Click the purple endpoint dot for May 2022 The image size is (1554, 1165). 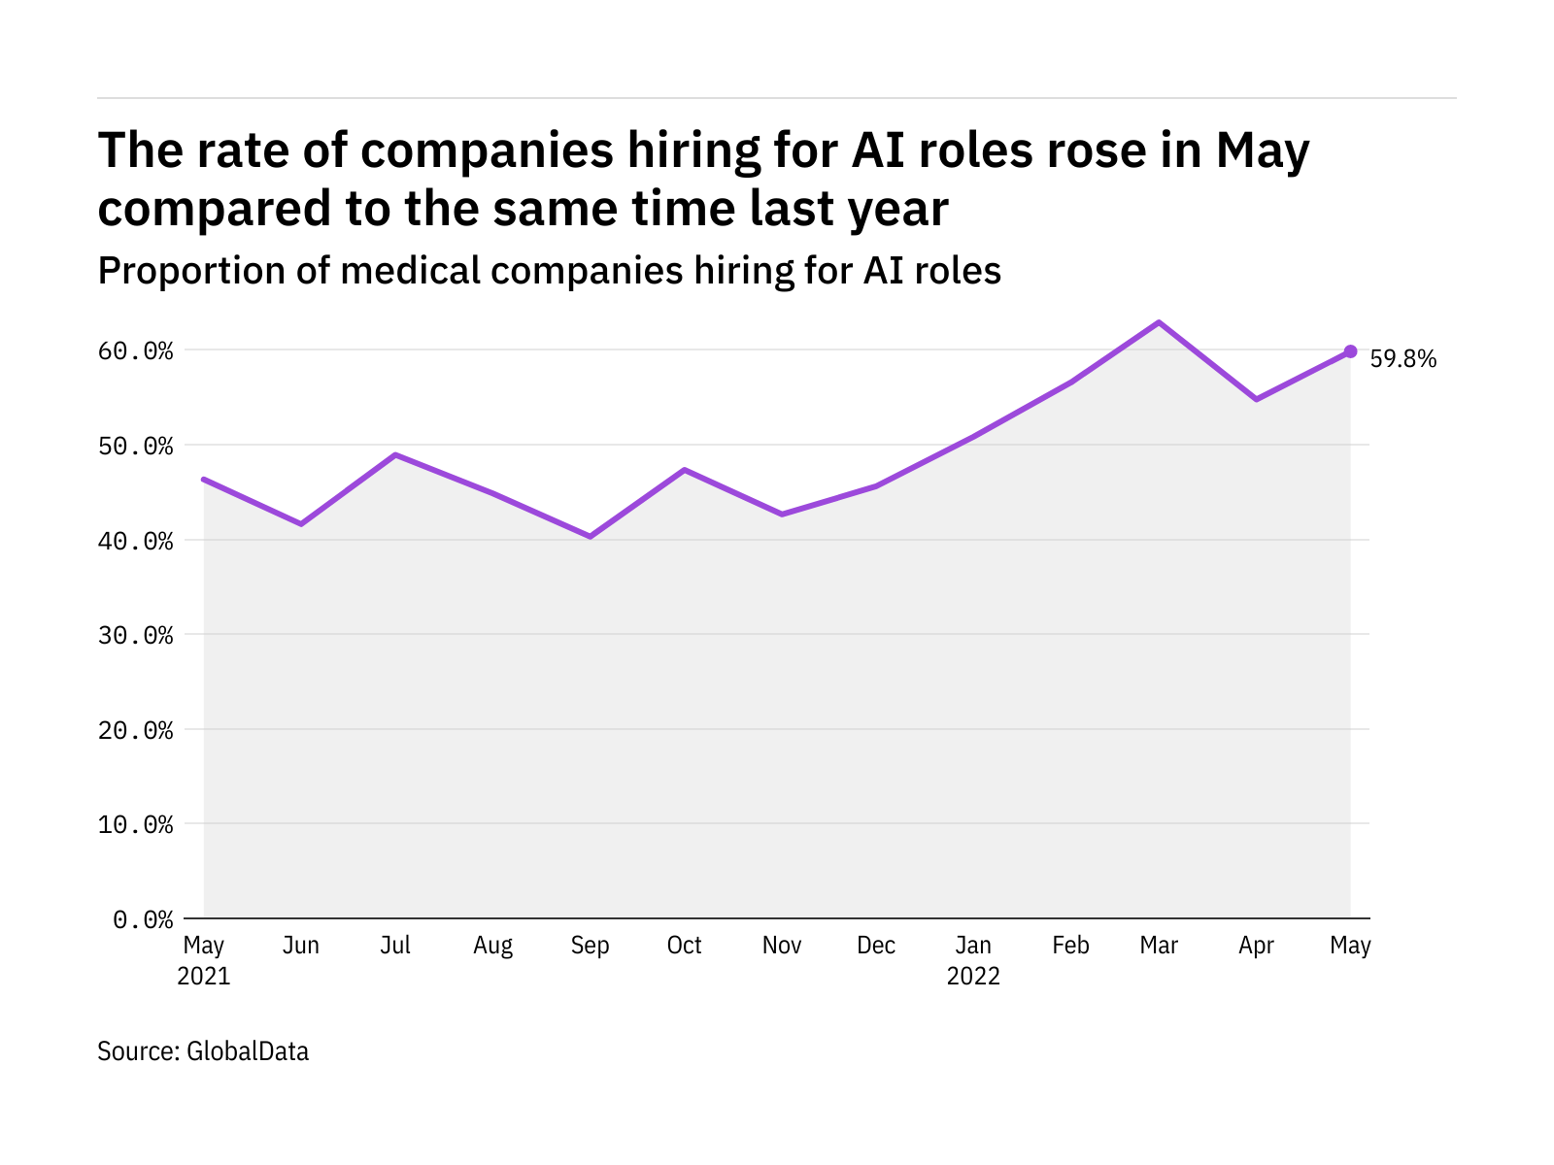click(x=1350, y=351)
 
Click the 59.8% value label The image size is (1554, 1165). click(x=1402, y=359)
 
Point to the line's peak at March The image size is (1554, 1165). click(x=1159, y=322)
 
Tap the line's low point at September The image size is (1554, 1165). click(x=590, y=536)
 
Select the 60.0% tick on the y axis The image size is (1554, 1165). click(x=136, y=350)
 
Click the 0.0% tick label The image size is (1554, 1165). click(x=143, y=918)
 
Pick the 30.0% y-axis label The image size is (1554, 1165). click(x=136, y=635)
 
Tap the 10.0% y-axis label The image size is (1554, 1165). click(x=136, y=824)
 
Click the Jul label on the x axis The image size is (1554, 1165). click(x=395, y=946)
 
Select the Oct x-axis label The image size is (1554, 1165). click(x=684, y=946)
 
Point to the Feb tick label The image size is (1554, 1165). click(x=1070, y=946)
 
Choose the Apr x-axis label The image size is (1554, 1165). click(x=1256, y=946)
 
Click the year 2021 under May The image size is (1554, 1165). click(x=204, y=977)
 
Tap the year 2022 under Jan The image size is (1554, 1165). click(x=973, y=977)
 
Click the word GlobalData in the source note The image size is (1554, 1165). click(x=248, y=1051)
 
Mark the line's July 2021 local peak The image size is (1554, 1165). click(x=395, y=454)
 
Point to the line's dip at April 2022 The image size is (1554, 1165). click(x=1257, y=399)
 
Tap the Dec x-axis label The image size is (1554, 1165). click(x=876, y=946)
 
